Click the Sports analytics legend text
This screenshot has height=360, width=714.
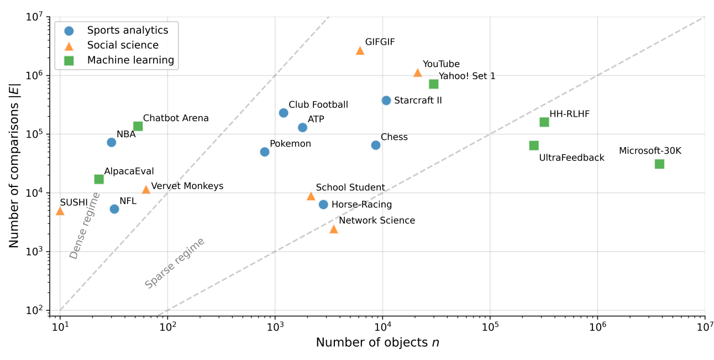pyautogui.click(x=127, y=30)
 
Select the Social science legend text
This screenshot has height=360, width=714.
pyautogui.click(x=123, y=45)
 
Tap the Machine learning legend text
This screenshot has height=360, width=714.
pyautogui.click(x=130, y=60)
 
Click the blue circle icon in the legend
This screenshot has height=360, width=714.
pyautogui.click(x=69, y=31)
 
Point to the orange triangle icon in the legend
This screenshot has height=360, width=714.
pyautogui.click(x=69, y=46)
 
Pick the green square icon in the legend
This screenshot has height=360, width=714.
pyautogui.click(x=69, y=61)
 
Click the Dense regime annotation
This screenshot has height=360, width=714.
pyautogui.click(x=85, y=225)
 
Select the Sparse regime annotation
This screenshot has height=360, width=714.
pyautogui.click(x=175, y=263)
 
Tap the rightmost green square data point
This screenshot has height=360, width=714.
pyautogui.click(x=659, y=164)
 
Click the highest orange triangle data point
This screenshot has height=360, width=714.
pyautogui.click(x=360, y=50)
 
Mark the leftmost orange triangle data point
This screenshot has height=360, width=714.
pyautogui.click(x=60, y=211)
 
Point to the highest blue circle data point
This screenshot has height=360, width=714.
pyautogui.click(x=386, y=100)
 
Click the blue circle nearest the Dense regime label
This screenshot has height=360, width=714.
pyautogui.click(x=114, y=209)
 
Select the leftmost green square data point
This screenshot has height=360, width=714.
pyautogui.click(x=99, y=179)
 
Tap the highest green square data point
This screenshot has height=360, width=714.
pyautogui.click(x=434, y=84)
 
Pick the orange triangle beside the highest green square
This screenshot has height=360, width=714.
pyautogui.click(x=417, y=72)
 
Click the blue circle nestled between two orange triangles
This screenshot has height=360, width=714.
pyautogui.click(x=323, y=205)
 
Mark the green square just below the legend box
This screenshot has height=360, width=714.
pyautogui.click(x=138, y=126)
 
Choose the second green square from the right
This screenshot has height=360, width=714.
pyautogui.click(x=544, y=122)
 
